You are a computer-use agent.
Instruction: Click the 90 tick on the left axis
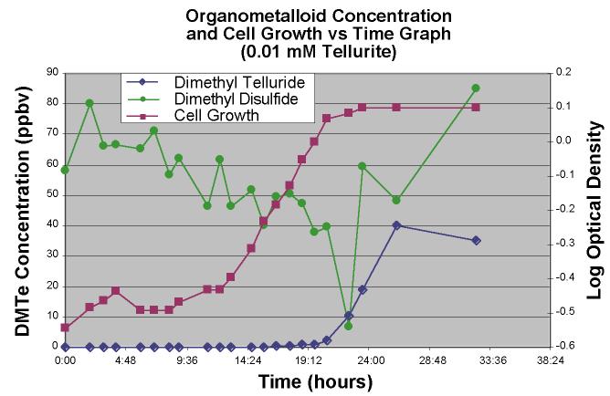tap(52, 72)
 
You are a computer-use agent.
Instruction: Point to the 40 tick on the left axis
tap(52, 224)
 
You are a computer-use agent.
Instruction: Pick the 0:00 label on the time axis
tap(65, 360)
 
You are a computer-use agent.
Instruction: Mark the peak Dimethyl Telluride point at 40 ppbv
tap(396, 224)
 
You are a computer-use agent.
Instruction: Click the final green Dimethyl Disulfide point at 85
tap(476, 88)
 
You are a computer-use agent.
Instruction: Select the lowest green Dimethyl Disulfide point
tap(348, 326)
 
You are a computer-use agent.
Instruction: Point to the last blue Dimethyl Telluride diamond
tap(476, 240)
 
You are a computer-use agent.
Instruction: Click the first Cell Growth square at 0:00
tap(65, 327)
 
